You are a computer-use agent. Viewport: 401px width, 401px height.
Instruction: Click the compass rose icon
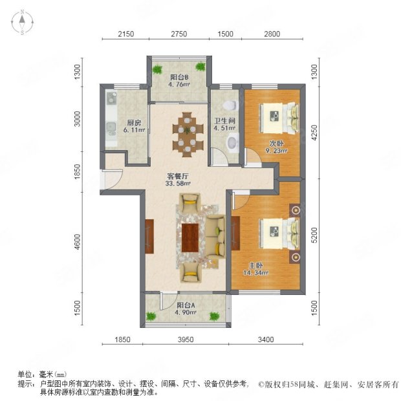coord(22,22)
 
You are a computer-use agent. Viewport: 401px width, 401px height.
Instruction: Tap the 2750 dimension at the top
coord(179,34)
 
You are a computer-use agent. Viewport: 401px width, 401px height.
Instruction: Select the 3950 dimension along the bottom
coord(186,340)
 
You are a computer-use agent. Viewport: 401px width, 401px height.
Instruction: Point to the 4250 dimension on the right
coord(314,133)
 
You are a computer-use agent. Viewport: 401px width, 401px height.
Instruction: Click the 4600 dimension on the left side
coord(77,242)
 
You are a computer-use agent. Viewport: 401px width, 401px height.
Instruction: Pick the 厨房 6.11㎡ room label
coord(134,126)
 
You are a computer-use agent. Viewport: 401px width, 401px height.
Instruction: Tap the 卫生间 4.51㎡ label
coord(224,124)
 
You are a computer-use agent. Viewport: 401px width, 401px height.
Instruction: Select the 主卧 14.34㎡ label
coord(255,269)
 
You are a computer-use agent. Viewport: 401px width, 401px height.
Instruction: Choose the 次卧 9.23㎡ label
coord(276,147)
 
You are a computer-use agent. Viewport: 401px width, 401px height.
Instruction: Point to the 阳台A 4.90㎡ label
coord(186,309)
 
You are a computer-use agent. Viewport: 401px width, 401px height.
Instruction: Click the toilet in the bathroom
coord(231,105)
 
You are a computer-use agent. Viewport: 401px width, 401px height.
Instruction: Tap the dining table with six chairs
coord(188,134)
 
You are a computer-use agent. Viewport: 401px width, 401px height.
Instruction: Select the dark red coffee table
coord(190,238)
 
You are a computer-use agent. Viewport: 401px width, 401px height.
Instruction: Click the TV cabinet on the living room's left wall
coord(149,236)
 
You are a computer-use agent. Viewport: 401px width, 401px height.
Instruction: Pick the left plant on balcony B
coord(157,69)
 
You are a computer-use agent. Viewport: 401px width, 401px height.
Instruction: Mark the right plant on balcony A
coord(214,316)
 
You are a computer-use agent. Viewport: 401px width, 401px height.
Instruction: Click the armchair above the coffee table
coord(190,202)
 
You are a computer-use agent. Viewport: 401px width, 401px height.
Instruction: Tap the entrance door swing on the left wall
coord(112,179)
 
